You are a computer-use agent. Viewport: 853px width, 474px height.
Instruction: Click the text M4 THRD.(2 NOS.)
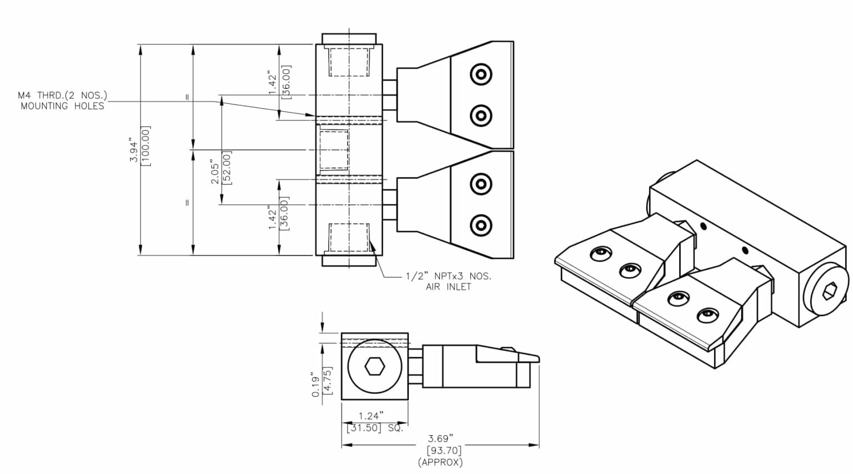(62, 96)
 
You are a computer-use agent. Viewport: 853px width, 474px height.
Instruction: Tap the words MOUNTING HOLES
(62, 106)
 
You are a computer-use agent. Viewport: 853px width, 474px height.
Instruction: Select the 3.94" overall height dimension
(134, 150)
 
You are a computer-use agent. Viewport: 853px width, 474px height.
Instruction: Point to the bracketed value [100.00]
(146, 146)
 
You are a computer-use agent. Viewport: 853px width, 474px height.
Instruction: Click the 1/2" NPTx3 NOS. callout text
(448, 276)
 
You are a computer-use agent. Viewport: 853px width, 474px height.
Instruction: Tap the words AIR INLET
(448, 287)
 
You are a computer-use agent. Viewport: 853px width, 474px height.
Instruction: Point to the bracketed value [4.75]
(327, 381)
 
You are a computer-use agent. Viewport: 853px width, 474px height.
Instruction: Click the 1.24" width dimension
(371, 416)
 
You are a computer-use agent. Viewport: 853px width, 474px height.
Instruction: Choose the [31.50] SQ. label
(375, 428)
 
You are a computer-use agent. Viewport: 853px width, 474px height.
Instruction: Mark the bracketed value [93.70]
(444, 450)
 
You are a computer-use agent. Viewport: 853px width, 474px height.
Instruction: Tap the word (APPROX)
(440, 462)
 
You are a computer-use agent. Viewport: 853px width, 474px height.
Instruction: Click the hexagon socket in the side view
(374, 366)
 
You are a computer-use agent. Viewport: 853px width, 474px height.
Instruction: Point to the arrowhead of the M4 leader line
(313, 115)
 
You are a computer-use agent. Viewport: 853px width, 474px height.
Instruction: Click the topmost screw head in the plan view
(480, 74)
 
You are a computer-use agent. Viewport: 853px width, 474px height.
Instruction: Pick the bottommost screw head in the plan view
(480, 225)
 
